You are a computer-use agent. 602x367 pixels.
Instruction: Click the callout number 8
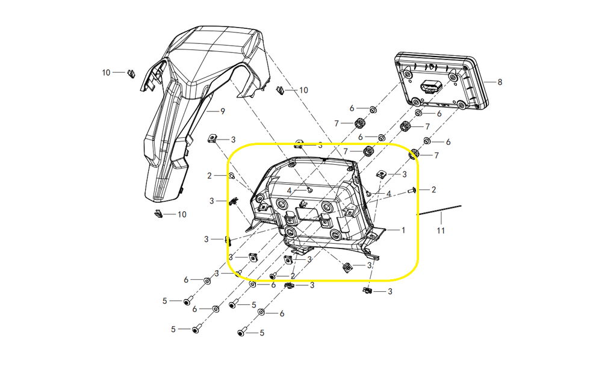pyautogui.click(x=500, y=82)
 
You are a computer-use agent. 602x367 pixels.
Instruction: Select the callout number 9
pyautogui.click(x=222, y=111)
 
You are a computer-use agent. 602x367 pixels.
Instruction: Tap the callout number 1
pyautogui.click(x=403, y=230)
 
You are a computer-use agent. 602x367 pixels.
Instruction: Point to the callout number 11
pyautogui.click(x=441, y=230)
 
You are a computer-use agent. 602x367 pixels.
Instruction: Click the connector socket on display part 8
pyautogui.click(x=429, y=87)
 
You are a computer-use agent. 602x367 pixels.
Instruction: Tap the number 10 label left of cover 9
pyautogui.click(x=106, y=73)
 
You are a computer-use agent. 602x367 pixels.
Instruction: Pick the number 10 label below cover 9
pyautogui.click(x=182, y=214)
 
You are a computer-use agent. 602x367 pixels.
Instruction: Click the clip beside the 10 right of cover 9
pyautogui.click(x=279, y=91)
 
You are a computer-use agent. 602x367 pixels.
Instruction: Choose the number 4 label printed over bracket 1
pyautogui.click(x=289, y=190)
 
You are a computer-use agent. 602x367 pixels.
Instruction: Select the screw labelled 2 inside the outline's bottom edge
pyautogui.click(x=273, y=276)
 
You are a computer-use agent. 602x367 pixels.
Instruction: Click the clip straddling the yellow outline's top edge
pyautogui.click(x=299, y=144)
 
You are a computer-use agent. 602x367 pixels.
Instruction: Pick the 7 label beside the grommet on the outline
pyautogui.click(x=436, y=155)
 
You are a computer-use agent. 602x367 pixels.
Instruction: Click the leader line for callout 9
pyautogui.click(x=213, y=111)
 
